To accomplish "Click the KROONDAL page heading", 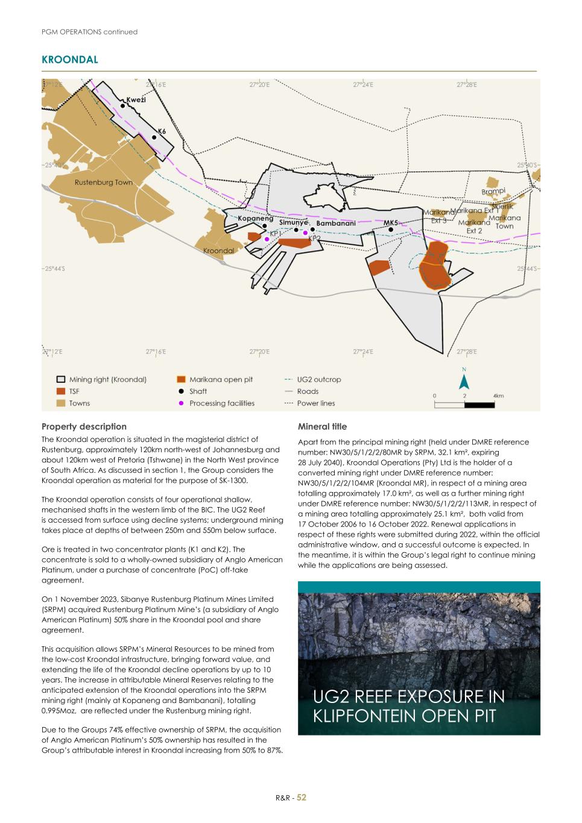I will click(69, 60).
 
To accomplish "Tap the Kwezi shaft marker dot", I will click(123, 106).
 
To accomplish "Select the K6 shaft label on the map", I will click(162, 131).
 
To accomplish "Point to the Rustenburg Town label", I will click(103, 182).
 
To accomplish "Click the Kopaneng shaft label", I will click(255, 218).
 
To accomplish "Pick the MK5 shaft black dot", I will click(391, 229).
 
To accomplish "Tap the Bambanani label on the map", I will click(336, 223).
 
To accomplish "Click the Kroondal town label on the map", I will click(218, 250).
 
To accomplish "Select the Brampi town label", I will click(493, 191).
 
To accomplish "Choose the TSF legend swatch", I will click(61, 391).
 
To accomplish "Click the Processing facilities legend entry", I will click(221, 403).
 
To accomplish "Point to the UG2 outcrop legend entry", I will click(318, 379).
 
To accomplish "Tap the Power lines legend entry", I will click(315, 403).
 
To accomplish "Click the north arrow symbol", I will click(464, 381).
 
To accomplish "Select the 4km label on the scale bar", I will click(498, 396).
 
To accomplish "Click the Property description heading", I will click(84, 426).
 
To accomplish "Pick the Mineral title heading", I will click(322, 426).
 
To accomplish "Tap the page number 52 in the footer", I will click(302, 798).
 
